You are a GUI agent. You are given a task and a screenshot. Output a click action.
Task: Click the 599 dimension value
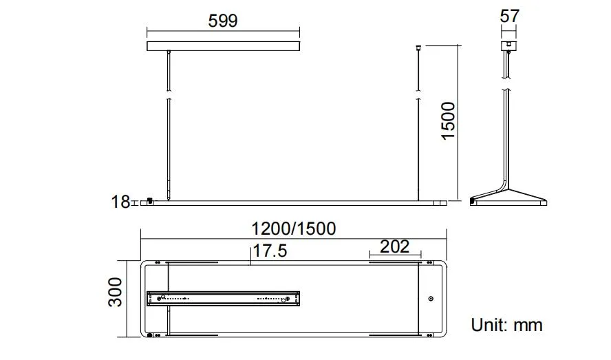[x=223, y=21]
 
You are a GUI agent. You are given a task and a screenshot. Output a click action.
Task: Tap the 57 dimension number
[x=510, y=16]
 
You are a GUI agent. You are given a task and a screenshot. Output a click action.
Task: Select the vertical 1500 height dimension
[x=449, y=120]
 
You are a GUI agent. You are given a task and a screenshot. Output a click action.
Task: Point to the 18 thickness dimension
[x=120, y=202]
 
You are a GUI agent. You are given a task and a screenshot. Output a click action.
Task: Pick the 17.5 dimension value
[x=269, y=251]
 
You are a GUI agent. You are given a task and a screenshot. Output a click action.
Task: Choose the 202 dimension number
[x=394, y=246]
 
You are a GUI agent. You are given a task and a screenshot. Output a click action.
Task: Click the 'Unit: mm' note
[x=506, y=325]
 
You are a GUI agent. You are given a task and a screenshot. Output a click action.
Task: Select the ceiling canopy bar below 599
[x=224, y=46]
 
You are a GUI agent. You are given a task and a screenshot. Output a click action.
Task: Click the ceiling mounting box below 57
[x=508, y=47]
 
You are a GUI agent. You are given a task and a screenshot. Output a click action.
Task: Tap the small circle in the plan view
[x=431, y=299]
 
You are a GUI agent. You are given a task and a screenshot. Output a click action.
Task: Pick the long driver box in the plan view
[x=224, y=298]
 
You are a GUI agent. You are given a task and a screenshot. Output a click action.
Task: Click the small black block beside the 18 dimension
[x=149, y=201]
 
